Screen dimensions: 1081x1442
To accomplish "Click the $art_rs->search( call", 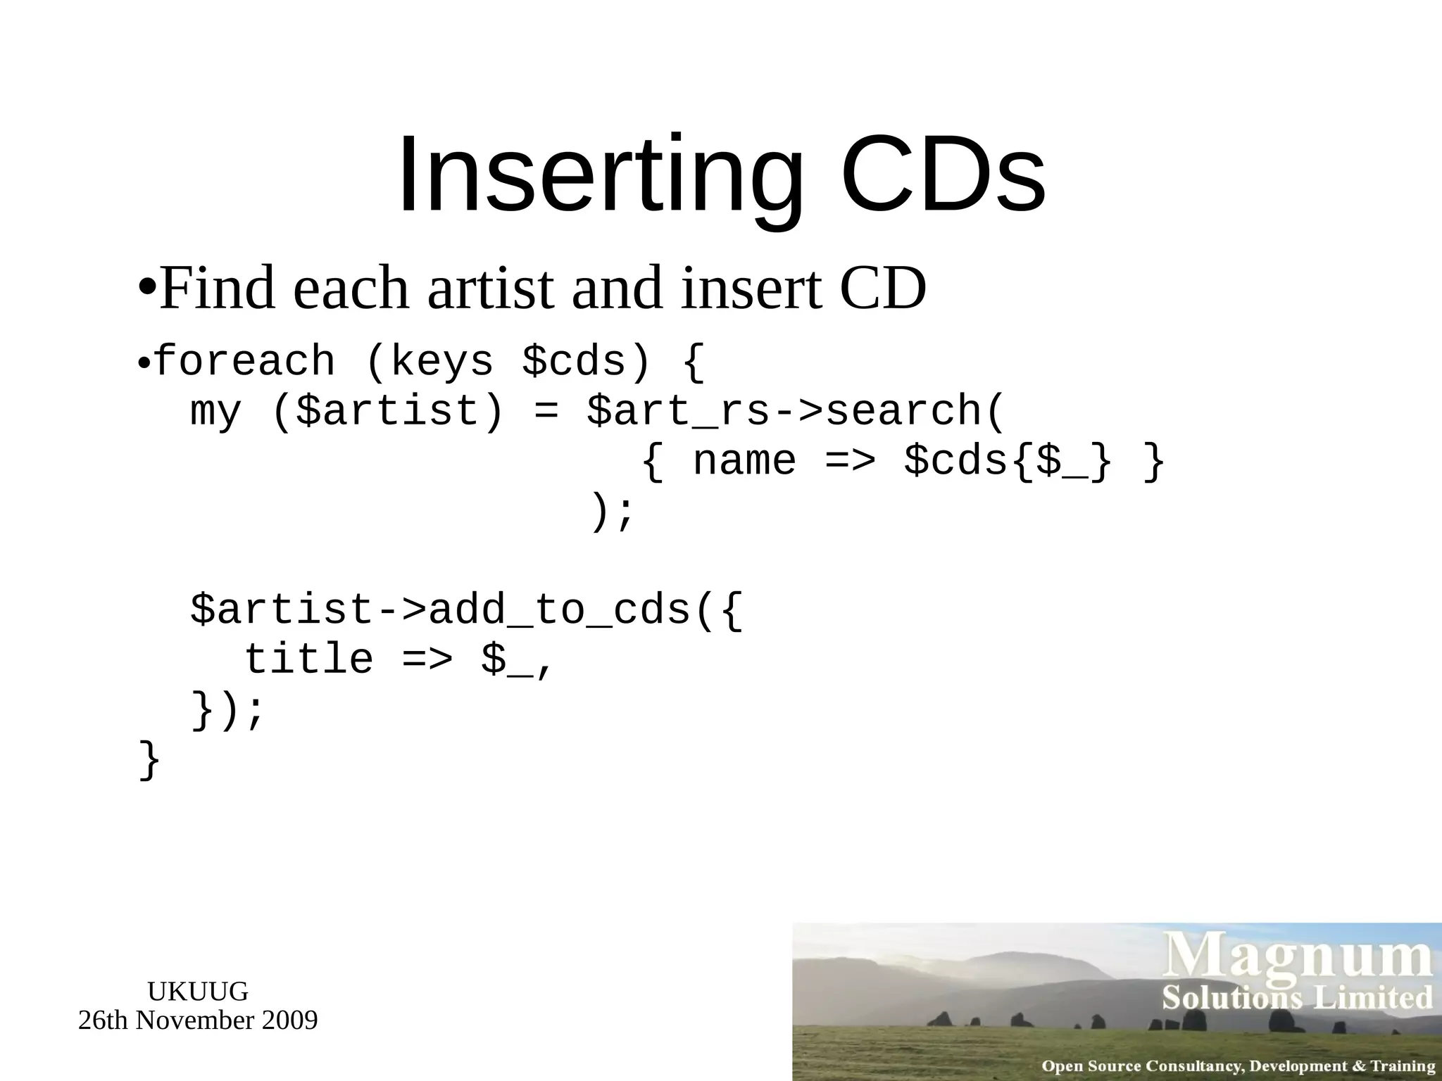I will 795,412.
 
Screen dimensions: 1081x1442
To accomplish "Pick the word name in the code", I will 744,462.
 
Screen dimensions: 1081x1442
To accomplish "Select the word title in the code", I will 308,660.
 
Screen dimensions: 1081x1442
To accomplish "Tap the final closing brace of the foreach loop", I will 149,760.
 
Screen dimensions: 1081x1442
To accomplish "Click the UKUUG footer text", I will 198,991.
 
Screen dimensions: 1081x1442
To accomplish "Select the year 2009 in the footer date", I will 289,1020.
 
